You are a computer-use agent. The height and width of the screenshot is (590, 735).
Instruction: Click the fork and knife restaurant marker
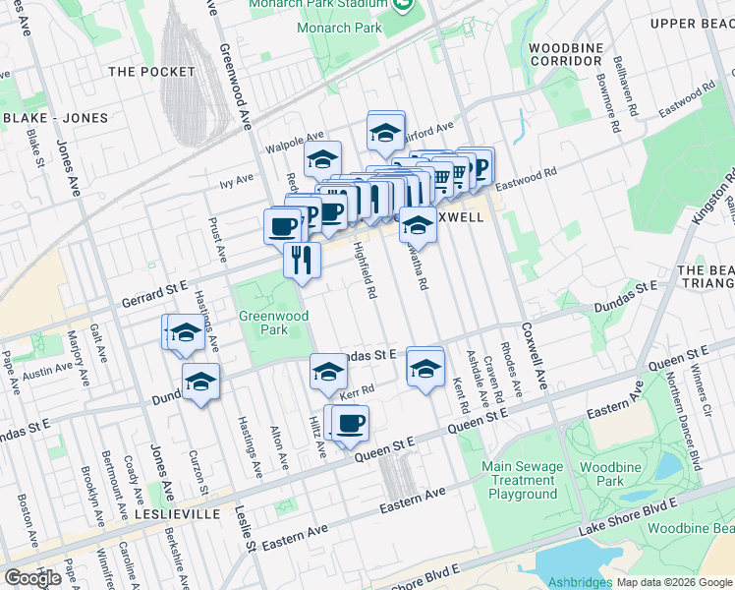pos(302,260)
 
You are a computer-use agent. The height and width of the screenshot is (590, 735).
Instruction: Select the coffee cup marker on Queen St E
pos(350,423)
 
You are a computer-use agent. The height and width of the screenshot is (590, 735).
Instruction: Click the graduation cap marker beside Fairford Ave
pos(385,131)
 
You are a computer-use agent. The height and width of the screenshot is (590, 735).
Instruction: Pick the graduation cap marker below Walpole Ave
pos(321,158)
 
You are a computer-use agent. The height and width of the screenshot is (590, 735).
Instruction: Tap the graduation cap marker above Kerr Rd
pos(328,372)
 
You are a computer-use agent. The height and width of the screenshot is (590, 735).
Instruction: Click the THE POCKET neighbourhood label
pos(147,72)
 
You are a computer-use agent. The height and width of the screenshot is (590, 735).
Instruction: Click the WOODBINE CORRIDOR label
pos(565,54)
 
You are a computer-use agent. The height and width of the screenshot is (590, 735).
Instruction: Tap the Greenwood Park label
pos(274,323)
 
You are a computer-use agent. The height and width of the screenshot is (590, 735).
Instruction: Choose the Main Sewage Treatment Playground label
pos(522,480)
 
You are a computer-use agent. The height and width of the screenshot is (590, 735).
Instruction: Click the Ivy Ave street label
pos(237,180)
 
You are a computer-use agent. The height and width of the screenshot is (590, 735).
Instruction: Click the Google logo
pos(33,578)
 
